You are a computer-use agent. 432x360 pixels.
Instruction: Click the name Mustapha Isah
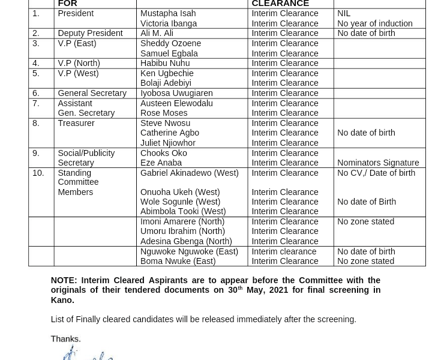pyautogui.click(x=167, y=13)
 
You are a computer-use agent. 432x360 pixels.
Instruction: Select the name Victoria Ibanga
pyautogui.click(x=168, y=23)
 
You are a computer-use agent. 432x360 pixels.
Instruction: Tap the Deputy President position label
pyautogui.click(x=90, y=33)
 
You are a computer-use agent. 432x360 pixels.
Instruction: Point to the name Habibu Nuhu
pyautogui.click(x=164, y=63)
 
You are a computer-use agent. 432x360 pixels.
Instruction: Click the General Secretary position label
pyautogui.click(x=92, y=93)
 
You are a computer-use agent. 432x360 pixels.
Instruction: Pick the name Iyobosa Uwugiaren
pyautogui.click(x=176, y=93)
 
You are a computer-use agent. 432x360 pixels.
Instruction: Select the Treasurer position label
pyautogui.click(x=76, y=123)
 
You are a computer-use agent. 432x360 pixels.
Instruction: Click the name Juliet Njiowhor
pyautogui.click(x=167, y=143)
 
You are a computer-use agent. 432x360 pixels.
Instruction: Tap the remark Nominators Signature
pyautogui.click(x=378, y=163)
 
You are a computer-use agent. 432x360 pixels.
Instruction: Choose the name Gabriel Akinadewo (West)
pyautogui.click(x=189, y=173)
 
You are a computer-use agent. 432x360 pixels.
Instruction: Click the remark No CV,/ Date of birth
pyautogui.click(x=376, y=173)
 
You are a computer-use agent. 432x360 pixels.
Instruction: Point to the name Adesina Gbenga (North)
pyautogui.click(x=186, y=241)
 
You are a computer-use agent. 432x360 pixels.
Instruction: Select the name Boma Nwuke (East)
pyautogui.click(x=178, y=261)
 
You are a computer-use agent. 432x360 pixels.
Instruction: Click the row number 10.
pyautogui.click(x=38, y=173)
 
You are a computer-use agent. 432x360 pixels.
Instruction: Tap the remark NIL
pyautogui.click(x=344, y=13)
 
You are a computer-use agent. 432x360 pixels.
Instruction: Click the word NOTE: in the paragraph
pyautogui.click(x=64, y=280)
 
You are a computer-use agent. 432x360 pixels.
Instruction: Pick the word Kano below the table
pyautogui.click(x=61, y=300)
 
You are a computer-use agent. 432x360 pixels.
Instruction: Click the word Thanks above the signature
pyautogui.click(x=65, y=339)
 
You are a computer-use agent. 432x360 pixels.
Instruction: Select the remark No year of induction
pyautogui.click(x=374, y=23)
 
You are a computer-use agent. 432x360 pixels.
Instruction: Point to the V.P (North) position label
pyautogui.click(x=79, y=63)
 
